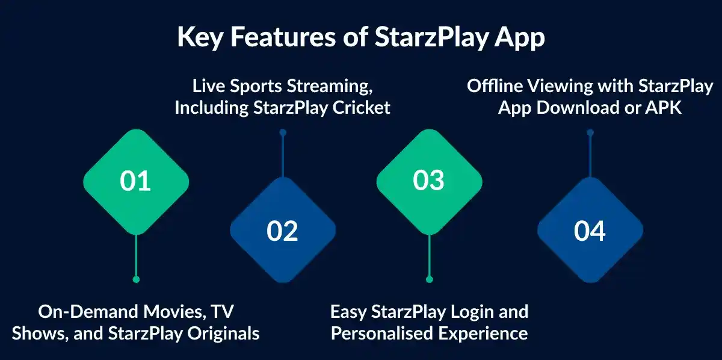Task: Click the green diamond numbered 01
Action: click(135, 181)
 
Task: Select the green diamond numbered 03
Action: click(429, 181)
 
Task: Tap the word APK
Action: click(665, 108)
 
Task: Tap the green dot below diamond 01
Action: click(136, 279)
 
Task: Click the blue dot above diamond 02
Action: click(283, 132)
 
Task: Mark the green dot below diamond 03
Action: click(429, 279)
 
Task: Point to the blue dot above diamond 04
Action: click(590, 132)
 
